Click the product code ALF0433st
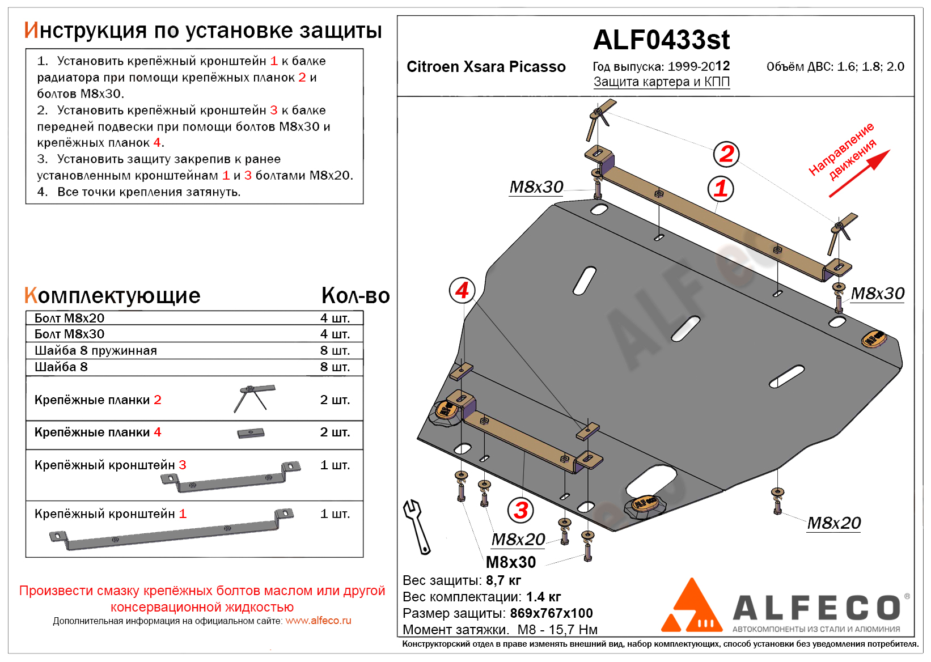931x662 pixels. (x=661, y=40)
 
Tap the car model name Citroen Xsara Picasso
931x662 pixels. (x=486, y=67)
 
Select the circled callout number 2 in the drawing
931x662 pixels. (x=726, y=154)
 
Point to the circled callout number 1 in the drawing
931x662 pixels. (x=721, y=189)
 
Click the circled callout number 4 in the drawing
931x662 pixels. (x=462, y=291)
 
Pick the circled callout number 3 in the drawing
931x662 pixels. (x=521, y=510)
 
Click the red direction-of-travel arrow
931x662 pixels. (x=860, y=173)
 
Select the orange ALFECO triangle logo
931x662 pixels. (x=692, y=608)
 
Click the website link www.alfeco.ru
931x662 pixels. (x=318, y=621)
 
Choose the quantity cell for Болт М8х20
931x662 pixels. (x=335, y=318)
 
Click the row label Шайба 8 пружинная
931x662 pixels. (x=95, y=351)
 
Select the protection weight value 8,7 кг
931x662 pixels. (x=503, y=580)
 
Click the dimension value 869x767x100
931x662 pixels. (x=551, y=613)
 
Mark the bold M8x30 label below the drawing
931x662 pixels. (x=511, y=562)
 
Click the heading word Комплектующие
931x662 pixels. (x=112, y=296)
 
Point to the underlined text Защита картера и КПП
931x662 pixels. (x=661, y=82)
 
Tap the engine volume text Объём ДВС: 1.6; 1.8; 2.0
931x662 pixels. (x=835, y=67)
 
